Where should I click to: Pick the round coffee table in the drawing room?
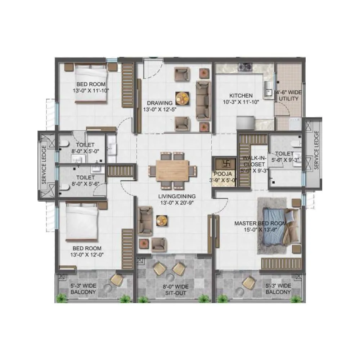click(182, 97)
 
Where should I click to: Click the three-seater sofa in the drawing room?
click(203, 100)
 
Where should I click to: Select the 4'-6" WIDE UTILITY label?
click(289, 95)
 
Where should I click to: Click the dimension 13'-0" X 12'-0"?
click(87, 255)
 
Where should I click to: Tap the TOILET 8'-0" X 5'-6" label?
click(85, 181)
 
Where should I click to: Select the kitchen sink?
click(268, 89)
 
